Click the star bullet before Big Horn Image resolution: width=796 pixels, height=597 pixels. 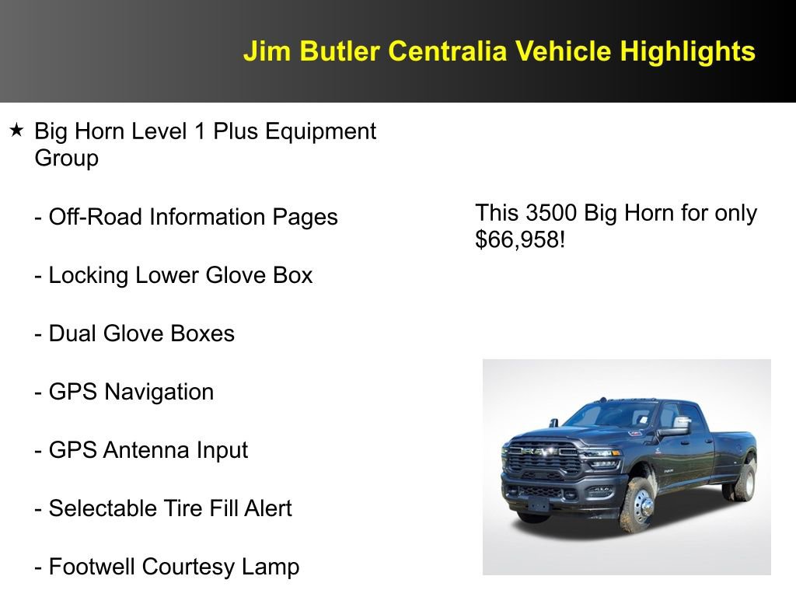click(x=16, y=131)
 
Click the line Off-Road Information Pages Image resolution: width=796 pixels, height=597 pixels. click(x=186, y=217)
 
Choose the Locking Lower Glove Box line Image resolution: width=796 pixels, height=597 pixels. click(x=173, y=275)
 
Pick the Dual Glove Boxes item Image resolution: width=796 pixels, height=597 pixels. click(x=134, y=333)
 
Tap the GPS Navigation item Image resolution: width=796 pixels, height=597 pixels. click(x=124, y=392)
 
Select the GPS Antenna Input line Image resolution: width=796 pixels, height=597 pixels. click(x=141, y=450)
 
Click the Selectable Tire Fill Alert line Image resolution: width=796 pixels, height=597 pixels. click(x=163, y=508)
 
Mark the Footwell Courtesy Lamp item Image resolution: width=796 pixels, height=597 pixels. click(x=166, y=567)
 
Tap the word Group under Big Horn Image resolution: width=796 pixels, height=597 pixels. click(x=67, y=159)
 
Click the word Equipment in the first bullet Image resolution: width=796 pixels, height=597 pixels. click(x=320, y=131)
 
